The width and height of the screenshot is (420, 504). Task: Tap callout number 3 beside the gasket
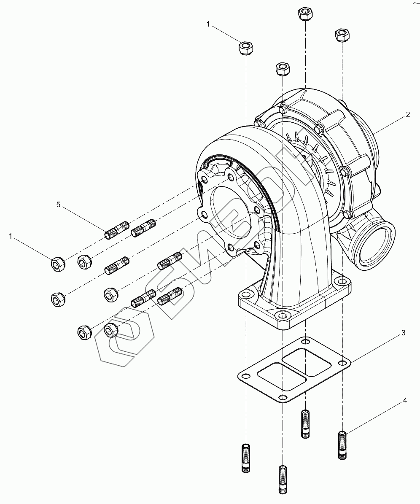pos(403,333)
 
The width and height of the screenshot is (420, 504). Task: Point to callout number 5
pos(59,205)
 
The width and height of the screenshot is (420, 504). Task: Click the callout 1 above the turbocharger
pos(208,25)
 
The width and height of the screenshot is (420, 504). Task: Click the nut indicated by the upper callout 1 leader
pos(246,48)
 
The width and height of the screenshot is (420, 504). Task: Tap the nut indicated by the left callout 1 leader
pos(57,264)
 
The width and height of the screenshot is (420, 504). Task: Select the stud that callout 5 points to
pos(118,230)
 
